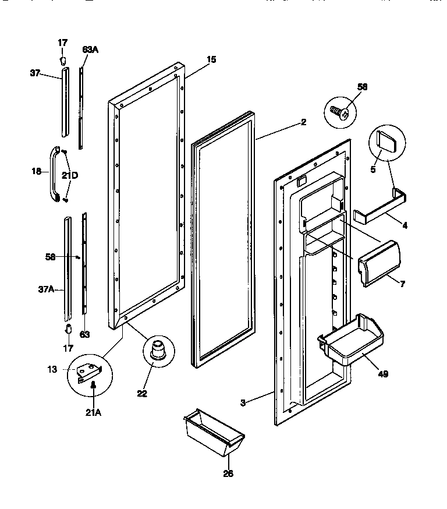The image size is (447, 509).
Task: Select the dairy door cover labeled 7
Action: point(379,264)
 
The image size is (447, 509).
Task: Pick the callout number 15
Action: point(211,59)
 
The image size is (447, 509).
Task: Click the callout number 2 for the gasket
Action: point(303,122)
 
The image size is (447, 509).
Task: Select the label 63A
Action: point(90,50)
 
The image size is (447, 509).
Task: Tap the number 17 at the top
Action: point(62,43)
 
